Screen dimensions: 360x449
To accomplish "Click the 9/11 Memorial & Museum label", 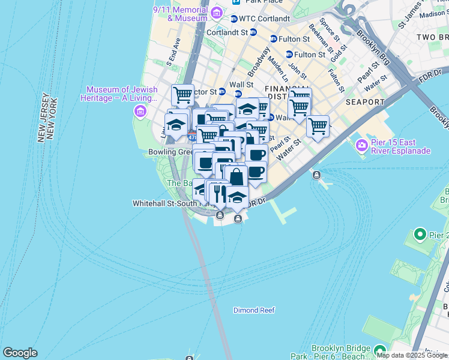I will tap(179, 14).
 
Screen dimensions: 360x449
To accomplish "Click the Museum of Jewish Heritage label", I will tap(122, 94).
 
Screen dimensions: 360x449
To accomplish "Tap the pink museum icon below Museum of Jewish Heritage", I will tap(140, 112).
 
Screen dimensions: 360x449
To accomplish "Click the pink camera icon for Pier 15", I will tap(361, 145).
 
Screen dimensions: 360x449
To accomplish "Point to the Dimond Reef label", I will tap(254, 310).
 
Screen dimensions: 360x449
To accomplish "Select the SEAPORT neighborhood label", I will tap(365, 102).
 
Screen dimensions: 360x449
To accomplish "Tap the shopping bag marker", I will tap(237, 177).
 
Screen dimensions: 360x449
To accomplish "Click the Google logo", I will tap(20, 353).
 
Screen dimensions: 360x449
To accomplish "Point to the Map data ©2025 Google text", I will tap(412, 355).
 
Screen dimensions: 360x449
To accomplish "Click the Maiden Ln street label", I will tap(276, 68).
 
